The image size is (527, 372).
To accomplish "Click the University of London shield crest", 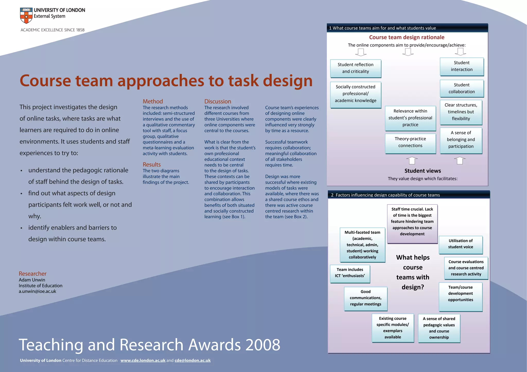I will tap(26, 15).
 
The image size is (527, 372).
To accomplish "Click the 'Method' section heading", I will tap(153, 101).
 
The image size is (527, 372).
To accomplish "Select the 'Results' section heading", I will tap(152, 164).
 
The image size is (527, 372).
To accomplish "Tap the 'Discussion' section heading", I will tap(218, 101).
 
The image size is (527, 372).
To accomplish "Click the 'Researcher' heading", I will tap(32, 274).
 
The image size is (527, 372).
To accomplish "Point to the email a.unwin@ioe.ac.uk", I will tap(37, 291).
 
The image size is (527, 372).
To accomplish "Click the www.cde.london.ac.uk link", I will tap(143, 360).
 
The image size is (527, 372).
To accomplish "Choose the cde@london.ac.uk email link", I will tap(192, 360).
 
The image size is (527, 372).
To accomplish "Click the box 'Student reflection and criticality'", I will tap(355, 68).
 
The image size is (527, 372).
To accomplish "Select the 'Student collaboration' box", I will tap(462, 88).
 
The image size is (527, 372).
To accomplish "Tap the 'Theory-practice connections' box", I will tap(410, 142).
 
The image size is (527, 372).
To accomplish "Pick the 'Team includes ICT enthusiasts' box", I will tap(350, 273).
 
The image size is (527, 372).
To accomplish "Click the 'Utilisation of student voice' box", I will tap(460, 244).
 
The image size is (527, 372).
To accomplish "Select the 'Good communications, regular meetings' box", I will tap(365, 298).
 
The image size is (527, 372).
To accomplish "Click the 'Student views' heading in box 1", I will tap(423, 171).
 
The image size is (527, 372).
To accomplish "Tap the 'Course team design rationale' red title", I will tap(407, 37).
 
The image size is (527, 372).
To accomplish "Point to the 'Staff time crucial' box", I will tap(412, 221).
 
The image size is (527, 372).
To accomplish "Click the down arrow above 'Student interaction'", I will tap(460, 52).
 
